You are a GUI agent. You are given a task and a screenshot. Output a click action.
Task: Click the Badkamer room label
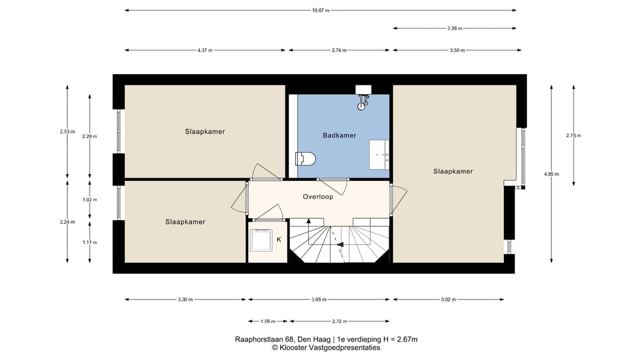(x=339, y=135)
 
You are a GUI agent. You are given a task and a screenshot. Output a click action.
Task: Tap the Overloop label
(x=318, y=196)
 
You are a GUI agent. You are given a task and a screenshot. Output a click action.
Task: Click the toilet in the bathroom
(x=306, y=158)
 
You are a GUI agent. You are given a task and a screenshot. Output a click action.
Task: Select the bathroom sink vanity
(x=379, y=155)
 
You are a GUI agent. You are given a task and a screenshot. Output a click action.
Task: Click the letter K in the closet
(x=279, y=240)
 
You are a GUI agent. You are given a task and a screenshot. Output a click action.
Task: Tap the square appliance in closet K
(x=261, y=240)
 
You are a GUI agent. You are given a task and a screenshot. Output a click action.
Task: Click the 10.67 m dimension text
(x=320, y=10)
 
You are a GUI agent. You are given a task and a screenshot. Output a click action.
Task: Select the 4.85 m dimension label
(x=551, y=174)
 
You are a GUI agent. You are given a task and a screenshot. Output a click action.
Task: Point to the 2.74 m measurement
(x=339, y=50)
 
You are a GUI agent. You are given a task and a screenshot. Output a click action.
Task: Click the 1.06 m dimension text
(x=268, y=321)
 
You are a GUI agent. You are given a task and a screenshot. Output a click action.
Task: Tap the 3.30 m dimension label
(x=185, y=300)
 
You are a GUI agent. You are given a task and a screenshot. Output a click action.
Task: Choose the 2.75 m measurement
(x=573, y=135)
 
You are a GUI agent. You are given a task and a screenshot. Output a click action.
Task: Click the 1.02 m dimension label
(x=90, y=200)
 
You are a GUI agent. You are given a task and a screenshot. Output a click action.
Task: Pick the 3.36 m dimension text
(x=455, y=28)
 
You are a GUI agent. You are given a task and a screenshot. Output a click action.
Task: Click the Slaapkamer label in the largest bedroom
(x=453, y=171)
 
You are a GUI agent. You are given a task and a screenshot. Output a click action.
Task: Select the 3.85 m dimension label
(x=319, y=300)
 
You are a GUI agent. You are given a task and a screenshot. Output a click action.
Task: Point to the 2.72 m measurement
(x=339, y=321)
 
